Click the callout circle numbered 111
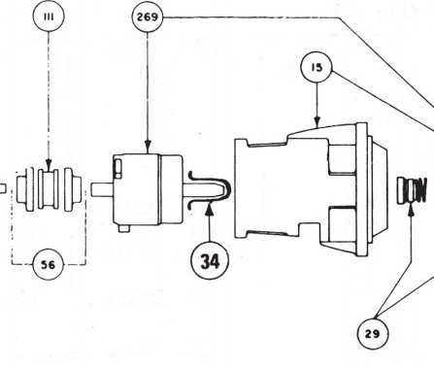49,17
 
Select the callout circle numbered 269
148,17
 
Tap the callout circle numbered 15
317,67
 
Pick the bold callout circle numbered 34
210,260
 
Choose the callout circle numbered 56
49,265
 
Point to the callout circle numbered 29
373,333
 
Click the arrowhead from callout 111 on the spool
49,164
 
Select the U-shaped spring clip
210,189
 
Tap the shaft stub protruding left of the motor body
102,189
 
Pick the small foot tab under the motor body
123,228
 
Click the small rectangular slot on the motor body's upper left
118,168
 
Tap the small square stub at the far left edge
3,188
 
